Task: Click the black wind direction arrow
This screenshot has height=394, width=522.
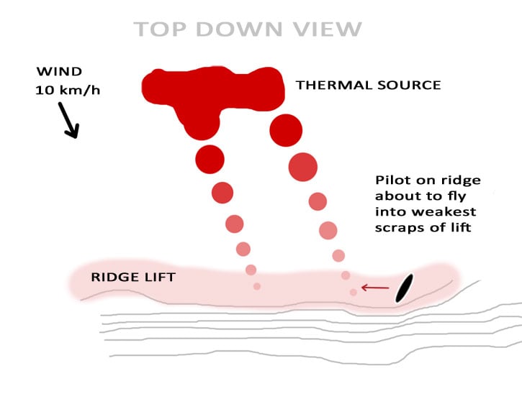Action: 71,119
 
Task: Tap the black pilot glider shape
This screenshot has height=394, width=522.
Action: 403,288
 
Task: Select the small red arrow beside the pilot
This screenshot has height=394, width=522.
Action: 374,288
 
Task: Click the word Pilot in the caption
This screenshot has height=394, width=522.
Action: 392,180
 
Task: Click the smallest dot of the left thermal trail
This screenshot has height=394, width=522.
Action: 257,286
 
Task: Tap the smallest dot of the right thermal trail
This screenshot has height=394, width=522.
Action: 353,292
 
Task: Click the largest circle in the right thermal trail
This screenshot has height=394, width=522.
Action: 303,167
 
